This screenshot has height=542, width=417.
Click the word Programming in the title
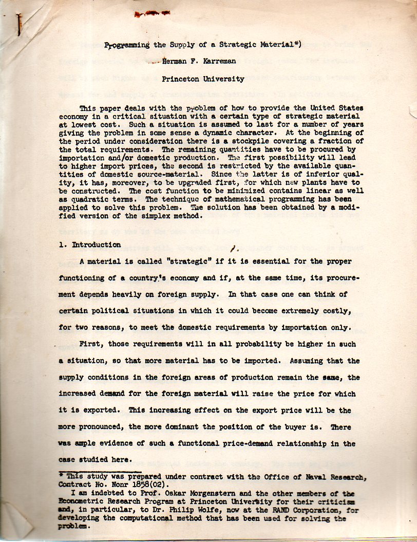tap(126, 45)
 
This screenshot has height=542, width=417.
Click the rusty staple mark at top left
tap(19, 23)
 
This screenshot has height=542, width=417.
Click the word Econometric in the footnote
tap(82, 502)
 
